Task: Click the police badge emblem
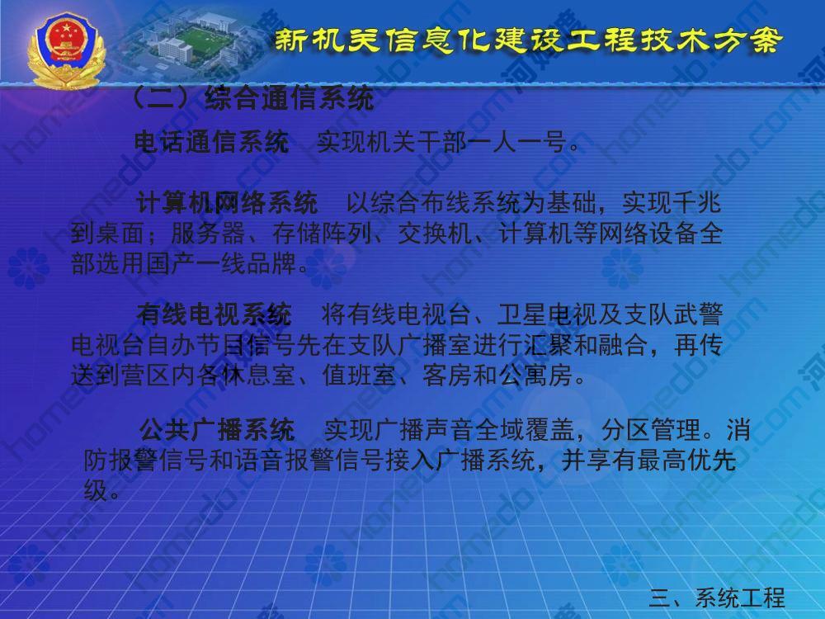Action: (x=67, y=50)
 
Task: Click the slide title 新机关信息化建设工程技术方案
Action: (x=528, y=40)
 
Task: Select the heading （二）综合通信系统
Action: (x=252, y=98)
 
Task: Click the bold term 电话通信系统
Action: (x=211, y=142)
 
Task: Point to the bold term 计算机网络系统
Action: (x=227, y=203)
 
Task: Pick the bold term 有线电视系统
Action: (x=214, y=314)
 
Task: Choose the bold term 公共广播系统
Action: (x=217, y=429)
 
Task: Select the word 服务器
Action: (x=209, y=234)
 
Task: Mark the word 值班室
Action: (x=359, y=376)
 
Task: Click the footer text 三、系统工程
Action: (x=717, y=598)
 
